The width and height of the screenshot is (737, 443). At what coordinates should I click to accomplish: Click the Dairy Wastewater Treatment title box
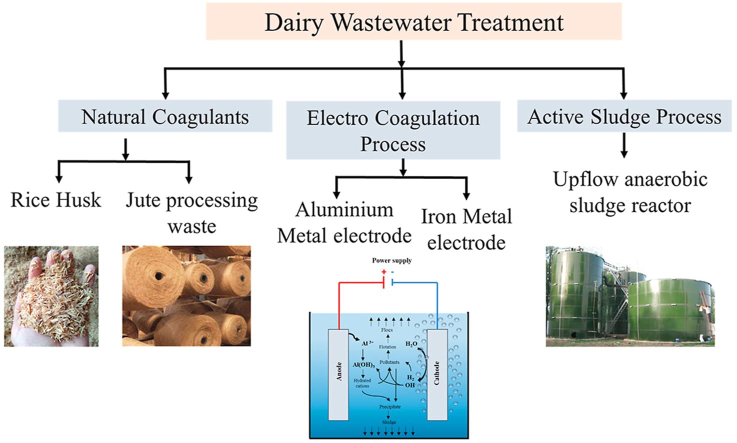click(x=413, y=22)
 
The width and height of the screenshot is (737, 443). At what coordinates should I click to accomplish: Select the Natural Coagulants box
click(x=165, y=116)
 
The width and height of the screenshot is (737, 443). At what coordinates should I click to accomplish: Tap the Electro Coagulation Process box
click(x=393, y=130)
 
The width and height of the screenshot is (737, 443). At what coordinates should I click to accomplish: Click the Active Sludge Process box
click(x=624, y=116)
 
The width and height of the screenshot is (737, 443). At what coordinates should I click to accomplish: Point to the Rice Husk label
click(x=55, y=200)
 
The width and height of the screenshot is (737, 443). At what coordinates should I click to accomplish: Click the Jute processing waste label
click(x=191, y=212)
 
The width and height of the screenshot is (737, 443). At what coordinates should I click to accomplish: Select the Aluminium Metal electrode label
click(x=344, y=222)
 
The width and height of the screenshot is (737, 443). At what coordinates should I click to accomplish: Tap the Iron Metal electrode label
click(x=466, y=229)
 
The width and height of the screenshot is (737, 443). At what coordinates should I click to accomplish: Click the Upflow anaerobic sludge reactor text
click(x=630, y=192)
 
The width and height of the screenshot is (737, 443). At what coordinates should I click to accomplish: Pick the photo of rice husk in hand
click(x=51, y=296)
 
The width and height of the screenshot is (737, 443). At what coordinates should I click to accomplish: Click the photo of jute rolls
click(x=186, y=296)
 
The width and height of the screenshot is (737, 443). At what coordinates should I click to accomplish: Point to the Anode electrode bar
click(x=338, y=374)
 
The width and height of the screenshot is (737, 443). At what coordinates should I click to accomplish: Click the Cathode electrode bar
click(x=437, y=374)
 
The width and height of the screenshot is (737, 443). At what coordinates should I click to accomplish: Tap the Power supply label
click(x=391, y=260)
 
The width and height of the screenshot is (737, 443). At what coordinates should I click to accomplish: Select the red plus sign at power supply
click(x=383, y=272)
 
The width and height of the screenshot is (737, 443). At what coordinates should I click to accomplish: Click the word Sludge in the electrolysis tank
click(x=389, y=422)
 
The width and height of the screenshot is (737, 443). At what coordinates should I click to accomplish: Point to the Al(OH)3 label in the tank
click(x=363, y=365)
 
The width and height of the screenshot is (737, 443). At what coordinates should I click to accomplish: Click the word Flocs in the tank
click(x=387, y=330)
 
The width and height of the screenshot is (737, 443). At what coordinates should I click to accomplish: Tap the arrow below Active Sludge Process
click(x=623, y=146)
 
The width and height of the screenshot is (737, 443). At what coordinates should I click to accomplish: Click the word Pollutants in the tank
click(x=389, y=362)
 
